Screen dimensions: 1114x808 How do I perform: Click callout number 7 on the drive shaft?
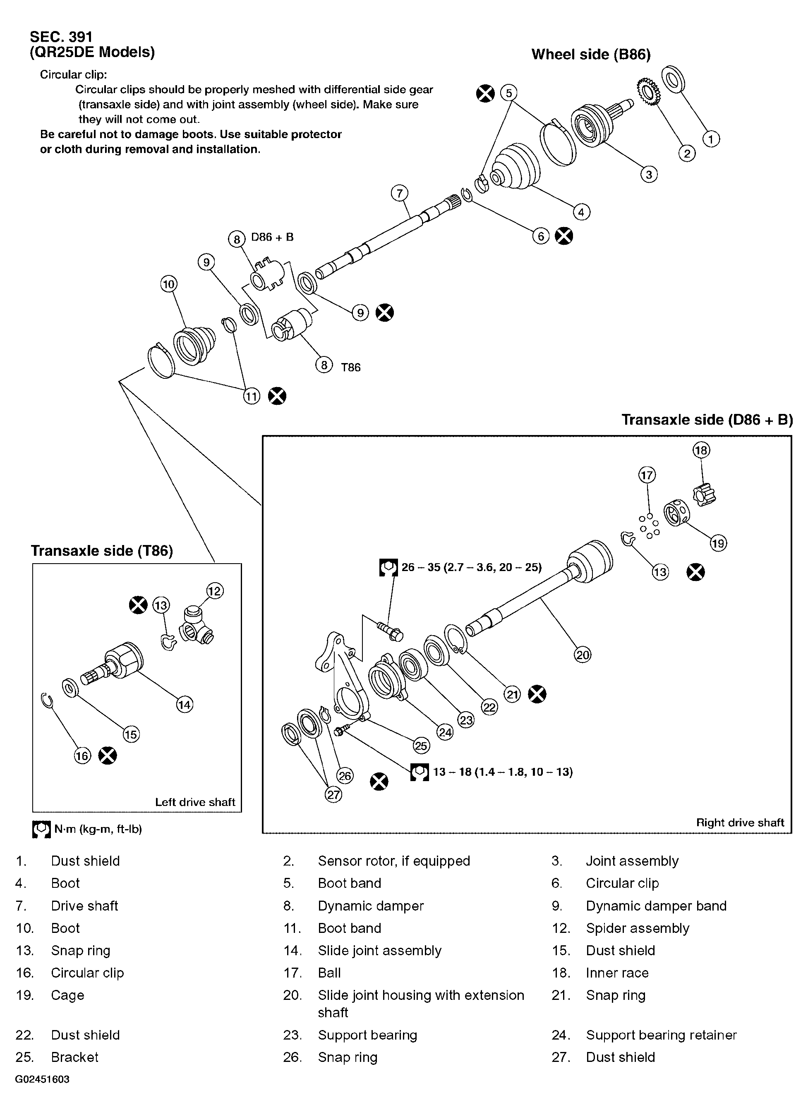click(400, 193)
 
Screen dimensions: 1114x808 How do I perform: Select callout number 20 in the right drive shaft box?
click(583, 654)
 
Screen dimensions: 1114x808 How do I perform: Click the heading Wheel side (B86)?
click(591, 55)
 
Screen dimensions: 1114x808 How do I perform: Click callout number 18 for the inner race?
click(701, 450)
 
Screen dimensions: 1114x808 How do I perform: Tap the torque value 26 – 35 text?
click(471, 567)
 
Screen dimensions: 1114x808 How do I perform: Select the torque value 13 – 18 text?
click(502, 772)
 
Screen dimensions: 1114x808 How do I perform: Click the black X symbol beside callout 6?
click(564, 236)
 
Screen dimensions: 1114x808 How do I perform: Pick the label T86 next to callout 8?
click(350, 367)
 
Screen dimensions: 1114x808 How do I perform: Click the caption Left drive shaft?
click(195, 802)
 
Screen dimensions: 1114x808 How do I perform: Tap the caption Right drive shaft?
click(740, 823)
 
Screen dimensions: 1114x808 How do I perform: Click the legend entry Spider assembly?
click(638, 928)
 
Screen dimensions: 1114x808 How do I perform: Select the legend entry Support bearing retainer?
click(661, 1035)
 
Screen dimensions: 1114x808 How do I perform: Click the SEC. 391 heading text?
click(61, 37)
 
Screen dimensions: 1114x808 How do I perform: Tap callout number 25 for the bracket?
click(421, 746)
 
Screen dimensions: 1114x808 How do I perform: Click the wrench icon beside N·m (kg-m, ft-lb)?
click(41, 829)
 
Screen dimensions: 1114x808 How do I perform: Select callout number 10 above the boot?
click(168, 284)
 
